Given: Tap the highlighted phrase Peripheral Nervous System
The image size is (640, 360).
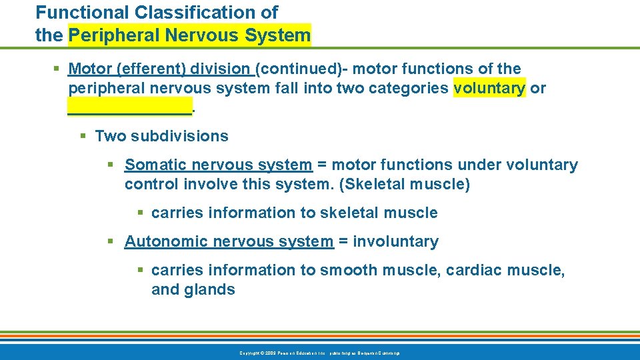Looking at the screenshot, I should (190, 35).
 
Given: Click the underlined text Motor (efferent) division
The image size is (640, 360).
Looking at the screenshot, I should (160, 69).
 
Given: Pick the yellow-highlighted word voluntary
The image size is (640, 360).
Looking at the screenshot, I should (489, 88).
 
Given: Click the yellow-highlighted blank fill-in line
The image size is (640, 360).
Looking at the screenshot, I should (129, 107).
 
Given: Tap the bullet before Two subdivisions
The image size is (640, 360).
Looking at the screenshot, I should (83, 137).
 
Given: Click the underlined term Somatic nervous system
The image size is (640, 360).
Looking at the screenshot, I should (218, 165).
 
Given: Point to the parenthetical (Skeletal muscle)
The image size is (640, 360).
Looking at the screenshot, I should (405, 185).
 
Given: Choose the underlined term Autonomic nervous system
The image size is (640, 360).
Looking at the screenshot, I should (229, 241).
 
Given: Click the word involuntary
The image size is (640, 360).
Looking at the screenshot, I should (395, 241).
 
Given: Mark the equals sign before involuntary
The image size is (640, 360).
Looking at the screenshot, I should (343, 241).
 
